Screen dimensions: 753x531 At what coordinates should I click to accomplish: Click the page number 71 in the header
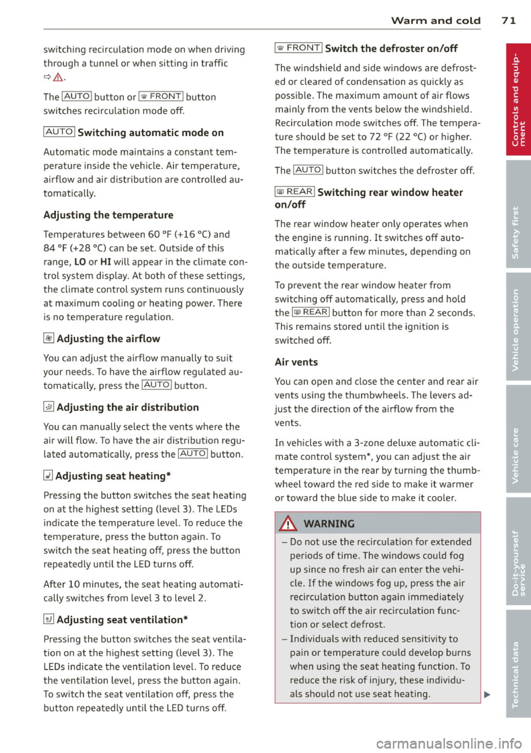point(508,20)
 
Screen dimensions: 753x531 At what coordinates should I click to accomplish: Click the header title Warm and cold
point(435,20)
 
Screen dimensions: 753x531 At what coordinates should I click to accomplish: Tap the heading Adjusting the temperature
point(108,215)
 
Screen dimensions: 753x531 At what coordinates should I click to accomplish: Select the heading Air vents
point(296,362)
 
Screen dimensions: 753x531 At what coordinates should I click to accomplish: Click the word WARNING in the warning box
point(329,524)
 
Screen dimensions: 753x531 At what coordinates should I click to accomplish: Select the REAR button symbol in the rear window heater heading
point(295,192)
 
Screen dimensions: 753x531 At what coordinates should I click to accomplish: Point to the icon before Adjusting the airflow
point(49,339)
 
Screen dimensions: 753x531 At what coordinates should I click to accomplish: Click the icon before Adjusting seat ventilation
point(49,620)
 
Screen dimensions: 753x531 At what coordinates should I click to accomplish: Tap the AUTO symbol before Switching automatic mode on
point(59,132)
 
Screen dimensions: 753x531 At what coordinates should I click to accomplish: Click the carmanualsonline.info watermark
point(449,742)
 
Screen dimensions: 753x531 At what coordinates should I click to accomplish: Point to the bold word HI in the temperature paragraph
point(106,262)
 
